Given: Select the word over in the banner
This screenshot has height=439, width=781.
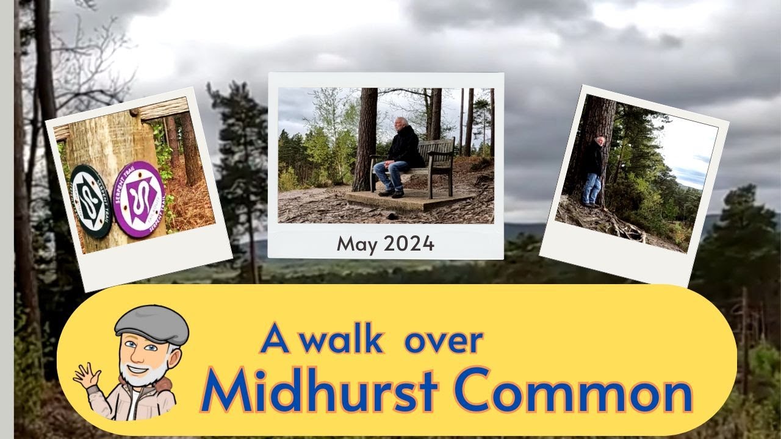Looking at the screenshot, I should tap(444, 341).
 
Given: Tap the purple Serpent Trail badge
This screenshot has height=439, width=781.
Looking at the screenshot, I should tap(139, 199).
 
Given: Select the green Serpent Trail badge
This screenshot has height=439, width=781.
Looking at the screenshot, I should tap(91, 201).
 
